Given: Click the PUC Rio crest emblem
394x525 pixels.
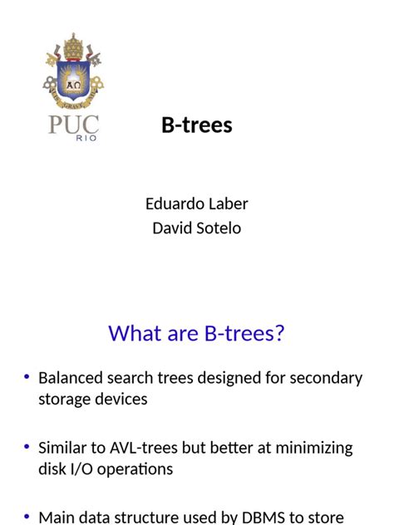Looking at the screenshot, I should pyautogui.click(x=73, y=73).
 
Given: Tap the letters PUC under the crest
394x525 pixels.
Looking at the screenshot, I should pyautogui.click(x=73, y=125).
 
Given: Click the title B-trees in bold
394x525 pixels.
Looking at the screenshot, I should pyautogui.click(x=197, y=125).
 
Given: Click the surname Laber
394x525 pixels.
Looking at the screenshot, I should pyautogui.click(x=228, y=204).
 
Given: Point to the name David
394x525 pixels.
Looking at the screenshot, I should pyautogui.click(x=170, y=228).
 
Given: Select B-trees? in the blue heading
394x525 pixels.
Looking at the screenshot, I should pyautogui.click(x=244, y=333).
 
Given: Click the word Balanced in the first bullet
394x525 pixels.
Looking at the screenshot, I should pyautogui.click(x=71, y=378).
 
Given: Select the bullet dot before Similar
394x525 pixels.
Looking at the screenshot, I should pyautogui.click(x=27, y=448).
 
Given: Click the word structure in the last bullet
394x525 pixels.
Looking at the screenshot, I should pyautogui.click(x=146, y=518).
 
